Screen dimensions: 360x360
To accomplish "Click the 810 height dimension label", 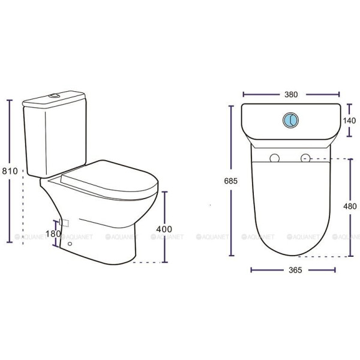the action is [x=10, y=171].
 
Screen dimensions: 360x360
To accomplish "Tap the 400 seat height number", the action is [x=164, y=229].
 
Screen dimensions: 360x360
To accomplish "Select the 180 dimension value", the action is [x=53, y=234].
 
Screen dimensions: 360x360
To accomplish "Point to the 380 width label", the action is [x=291, y=94].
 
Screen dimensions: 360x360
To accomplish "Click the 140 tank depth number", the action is [x=349, y=121].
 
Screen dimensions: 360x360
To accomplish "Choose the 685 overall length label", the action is [x=231, y=181].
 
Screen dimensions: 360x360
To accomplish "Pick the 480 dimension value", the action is [x=350, y=206].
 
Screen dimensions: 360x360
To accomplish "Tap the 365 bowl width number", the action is [x=295, y=270].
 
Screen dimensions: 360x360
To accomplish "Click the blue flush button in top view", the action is [x=290, y=120].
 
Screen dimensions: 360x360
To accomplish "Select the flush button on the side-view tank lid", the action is [x=55, y=95].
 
